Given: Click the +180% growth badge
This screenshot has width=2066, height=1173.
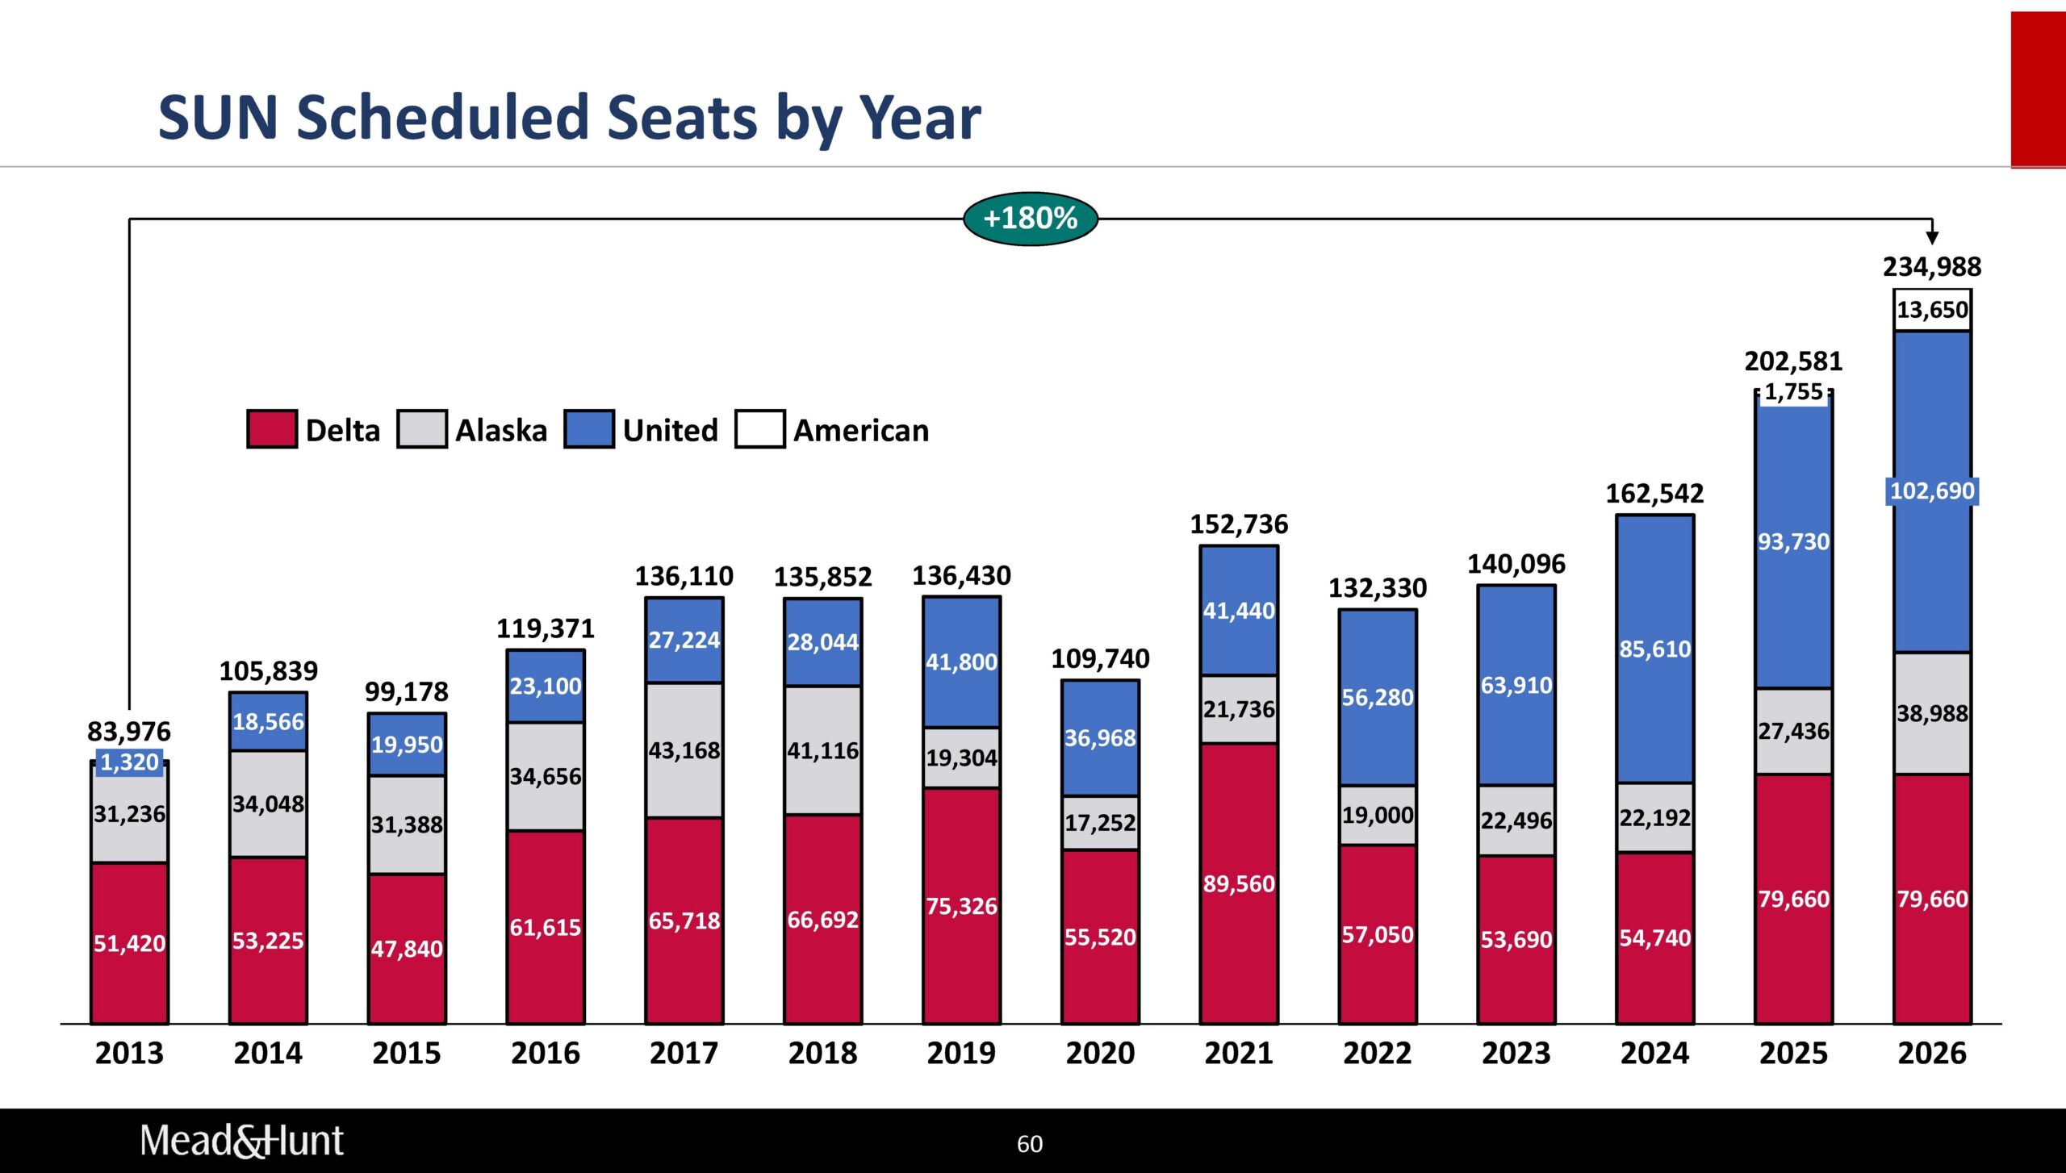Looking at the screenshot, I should pos(1030,219).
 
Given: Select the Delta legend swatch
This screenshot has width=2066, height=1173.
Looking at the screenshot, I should pos(271,429).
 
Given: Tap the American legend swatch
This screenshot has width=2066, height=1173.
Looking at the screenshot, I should pos(759,429).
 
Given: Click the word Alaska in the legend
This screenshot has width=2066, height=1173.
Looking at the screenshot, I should pos(501,431).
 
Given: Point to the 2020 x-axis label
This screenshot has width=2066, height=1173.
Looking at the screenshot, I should pos(1100,1054).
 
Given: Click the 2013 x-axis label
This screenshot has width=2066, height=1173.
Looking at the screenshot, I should pos(129,1054).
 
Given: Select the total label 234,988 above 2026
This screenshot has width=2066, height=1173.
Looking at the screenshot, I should pos(1932,267).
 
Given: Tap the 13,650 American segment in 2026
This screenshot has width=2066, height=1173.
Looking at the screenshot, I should pos(1932,310).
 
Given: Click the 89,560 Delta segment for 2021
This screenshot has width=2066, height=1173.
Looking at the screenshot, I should pos(1239,884).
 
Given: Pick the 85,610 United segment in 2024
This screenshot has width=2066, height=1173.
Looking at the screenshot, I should pos(1654,649).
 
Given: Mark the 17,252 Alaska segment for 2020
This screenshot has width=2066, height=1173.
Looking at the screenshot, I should pos(1100,823).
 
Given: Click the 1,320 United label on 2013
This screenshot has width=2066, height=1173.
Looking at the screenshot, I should pos(129,762).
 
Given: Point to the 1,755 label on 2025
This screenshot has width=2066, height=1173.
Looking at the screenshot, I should pos(1793,392).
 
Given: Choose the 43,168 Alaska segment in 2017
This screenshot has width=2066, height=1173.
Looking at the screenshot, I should pos(684,751).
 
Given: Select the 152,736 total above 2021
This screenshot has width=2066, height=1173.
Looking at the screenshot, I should pos(1239,525).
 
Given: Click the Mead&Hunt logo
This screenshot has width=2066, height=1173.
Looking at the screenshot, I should pos(241,1141).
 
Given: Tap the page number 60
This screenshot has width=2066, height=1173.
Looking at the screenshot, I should pos(1030,1144).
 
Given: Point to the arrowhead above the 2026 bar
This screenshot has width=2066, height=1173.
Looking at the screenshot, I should pos(1932,237).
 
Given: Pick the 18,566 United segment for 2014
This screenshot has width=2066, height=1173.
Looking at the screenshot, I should pos(268,722).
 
